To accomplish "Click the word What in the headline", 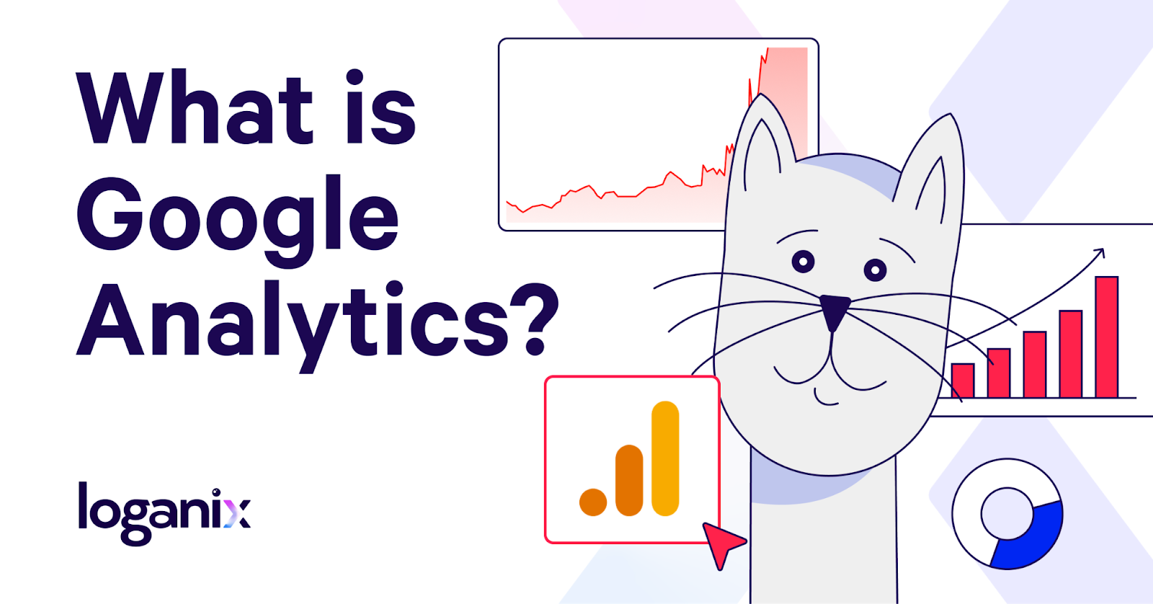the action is pos(195,107).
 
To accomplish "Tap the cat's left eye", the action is pos(803,262).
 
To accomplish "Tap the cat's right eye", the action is pos(875,270).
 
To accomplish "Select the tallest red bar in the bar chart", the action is pos(1107,337).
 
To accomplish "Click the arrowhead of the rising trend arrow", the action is pos(1098,254).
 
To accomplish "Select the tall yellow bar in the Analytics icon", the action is pos(665,458).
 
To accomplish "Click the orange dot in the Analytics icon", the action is pos(593,502).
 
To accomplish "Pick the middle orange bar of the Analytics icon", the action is pos(629,481).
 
